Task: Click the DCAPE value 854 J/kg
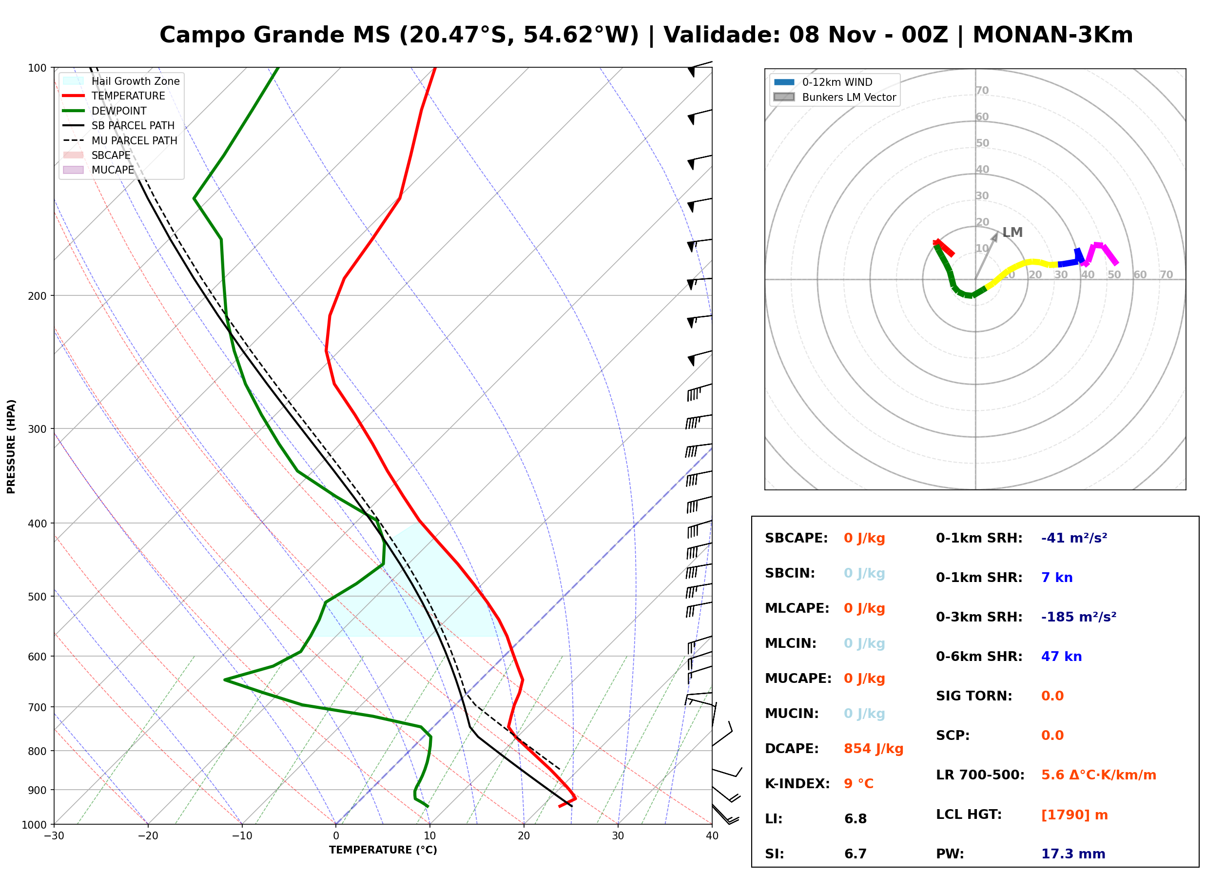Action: pos(874,749)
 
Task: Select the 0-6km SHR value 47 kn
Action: pos(1061,657)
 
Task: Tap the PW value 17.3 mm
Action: pos(1073,854)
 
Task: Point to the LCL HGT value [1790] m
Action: pos(1074,815)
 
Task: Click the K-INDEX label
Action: pos(798,784)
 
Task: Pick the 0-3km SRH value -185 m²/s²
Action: pos(1079,617)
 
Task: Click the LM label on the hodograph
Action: pos(1012,232)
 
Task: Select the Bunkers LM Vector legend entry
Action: pos(835,97)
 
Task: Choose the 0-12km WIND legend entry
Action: pos(823,82)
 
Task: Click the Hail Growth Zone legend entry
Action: pos(121,81)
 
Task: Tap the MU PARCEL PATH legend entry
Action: pos(120,140)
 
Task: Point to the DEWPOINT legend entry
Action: pos(105,111)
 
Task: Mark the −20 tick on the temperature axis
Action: pos(148,836)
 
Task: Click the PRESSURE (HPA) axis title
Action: pos(11,446)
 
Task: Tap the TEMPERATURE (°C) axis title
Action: pos(383,851)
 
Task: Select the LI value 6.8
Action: pos(856,819)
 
